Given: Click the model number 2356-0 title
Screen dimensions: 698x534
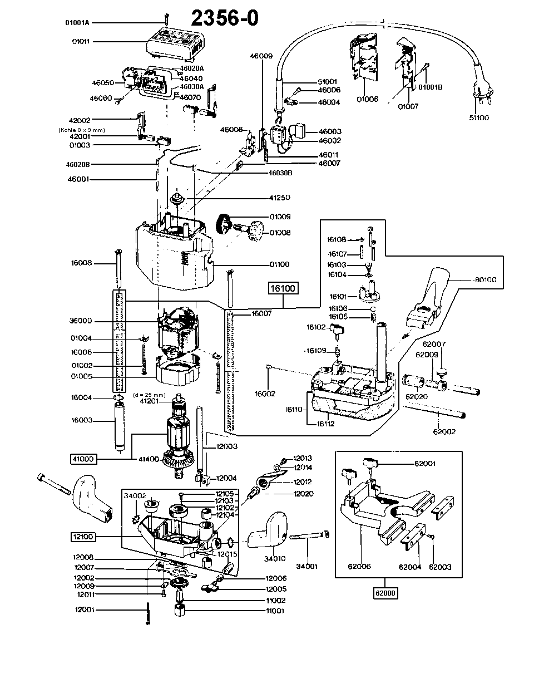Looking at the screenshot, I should point(225,18).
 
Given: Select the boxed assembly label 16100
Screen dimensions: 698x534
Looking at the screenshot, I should point(283,288).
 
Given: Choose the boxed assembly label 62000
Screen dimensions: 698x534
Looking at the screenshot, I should point(384,593).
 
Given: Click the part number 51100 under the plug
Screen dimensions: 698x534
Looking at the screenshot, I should point(479,118).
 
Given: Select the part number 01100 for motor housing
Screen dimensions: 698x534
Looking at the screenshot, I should point(280,264).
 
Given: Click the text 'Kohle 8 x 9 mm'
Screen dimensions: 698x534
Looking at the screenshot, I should point(81,129).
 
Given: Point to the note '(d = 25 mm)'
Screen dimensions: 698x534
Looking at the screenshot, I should point(150,395).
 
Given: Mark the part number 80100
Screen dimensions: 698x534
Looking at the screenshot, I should point(485,280).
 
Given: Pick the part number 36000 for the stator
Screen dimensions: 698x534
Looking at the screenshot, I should point(81,321).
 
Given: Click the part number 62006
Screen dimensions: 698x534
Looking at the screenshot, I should point(359,567).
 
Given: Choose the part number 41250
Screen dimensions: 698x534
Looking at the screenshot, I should point(280,198).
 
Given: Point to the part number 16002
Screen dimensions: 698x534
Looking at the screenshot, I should point(265,394).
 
